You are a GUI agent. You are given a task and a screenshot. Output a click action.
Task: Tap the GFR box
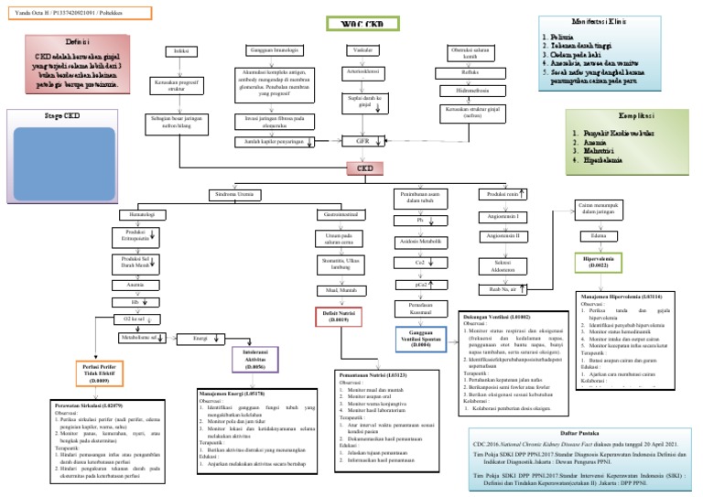coord(361,141)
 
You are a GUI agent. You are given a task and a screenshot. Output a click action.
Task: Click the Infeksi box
coord(182,51)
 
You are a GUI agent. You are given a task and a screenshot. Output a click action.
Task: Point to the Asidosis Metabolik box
coord(420,242)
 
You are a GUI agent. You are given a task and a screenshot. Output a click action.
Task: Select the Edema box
coord(600,235)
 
